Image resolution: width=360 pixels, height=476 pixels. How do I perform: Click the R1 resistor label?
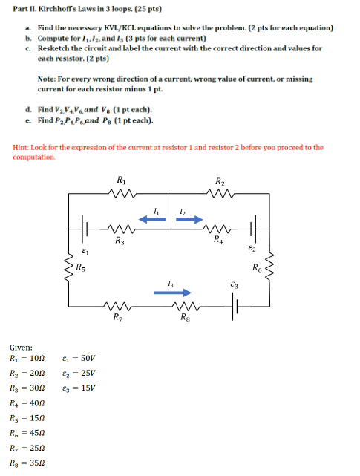121,181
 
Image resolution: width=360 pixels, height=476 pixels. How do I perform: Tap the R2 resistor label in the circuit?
220,181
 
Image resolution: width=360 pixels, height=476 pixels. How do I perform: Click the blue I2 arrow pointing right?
189,220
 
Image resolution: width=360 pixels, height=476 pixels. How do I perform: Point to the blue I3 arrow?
172,293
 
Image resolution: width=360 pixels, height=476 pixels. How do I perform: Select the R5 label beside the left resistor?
81,267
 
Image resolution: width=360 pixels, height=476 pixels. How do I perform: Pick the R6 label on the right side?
257,267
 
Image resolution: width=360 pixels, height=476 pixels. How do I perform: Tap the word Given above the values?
21,346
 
